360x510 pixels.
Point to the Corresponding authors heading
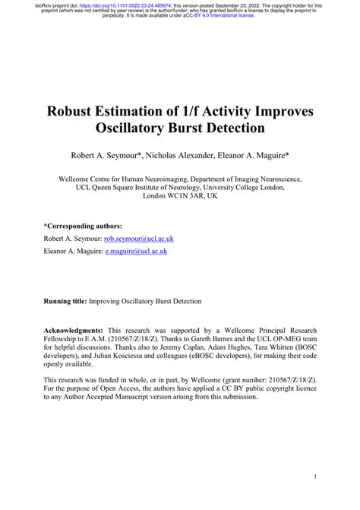(83, 226)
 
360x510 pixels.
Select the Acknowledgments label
(74, 331)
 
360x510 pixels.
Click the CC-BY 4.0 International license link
(219, 16)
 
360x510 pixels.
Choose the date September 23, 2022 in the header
(227, 5)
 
